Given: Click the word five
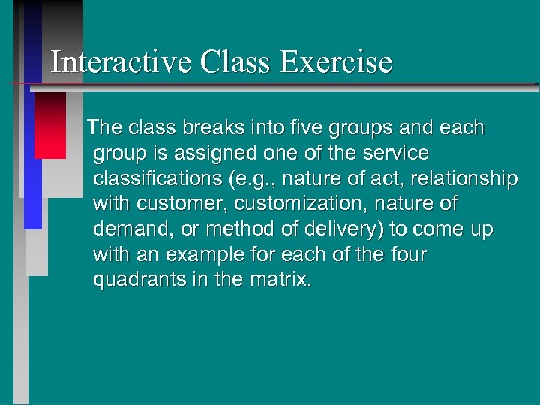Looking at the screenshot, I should pos(292,128).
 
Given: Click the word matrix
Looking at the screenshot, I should pos(280,280).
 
